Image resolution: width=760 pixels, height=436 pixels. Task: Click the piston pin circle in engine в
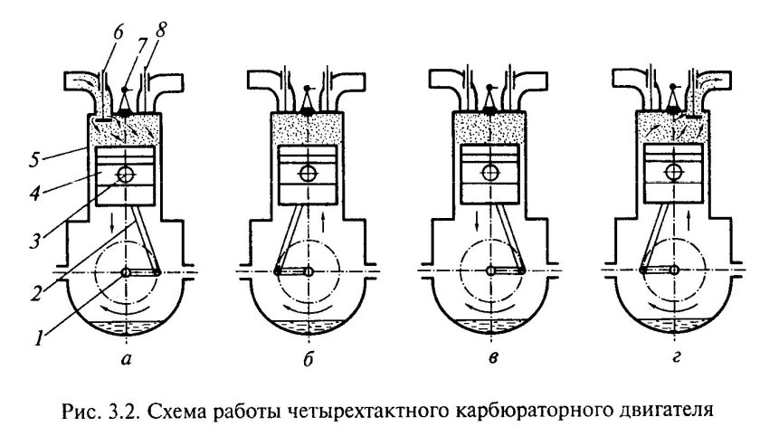click(x=491, y=173)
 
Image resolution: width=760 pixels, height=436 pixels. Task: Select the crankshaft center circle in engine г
click(x=674, y=271)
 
